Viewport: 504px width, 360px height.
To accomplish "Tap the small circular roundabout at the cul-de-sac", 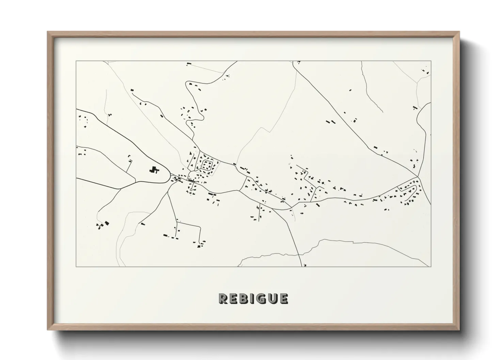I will tap(191, 189).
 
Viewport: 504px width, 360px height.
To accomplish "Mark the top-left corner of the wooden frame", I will tap(47, 32).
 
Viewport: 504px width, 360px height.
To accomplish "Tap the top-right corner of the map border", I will tap(431, 61).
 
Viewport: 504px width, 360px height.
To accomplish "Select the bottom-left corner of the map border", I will tap(76, 267).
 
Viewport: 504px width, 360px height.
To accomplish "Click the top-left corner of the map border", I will tap(76, 61).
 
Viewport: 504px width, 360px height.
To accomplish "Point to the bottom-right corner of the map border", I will tap(431, 267).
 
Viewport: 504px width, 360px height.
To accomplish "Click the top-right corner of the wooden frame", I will tap(460, 32).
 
